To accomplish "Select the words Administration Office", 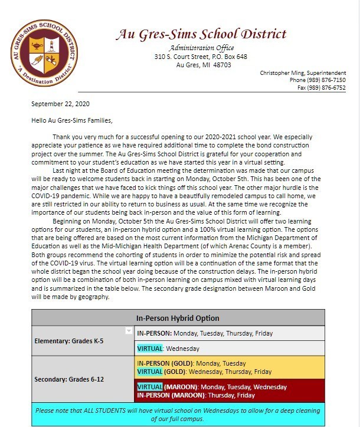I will tap(201, 48).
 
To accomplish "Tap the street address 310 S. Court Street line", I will tap(201, 57).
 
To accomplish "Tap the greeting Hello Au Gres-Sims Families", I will tap(71, 120).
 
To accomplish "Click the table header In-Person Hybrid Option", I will tap(178, 317).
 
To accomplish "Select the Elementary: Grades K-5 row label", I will tap(70, 341).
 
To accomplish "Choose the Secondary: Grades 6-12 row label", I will tap(68, 379).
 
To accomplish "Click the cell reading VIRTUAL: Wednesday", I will tap(168, 349).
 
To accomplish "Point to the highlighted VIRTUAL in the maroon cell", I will tap(149, 387).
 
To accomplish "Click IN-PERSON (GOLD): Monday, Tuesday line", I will tap(191, 363).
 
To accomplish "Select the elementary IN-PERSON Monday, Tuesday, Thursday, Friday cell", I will tap(205, 333).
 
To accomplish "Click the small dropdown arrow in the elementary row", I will tap(129, 331).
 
